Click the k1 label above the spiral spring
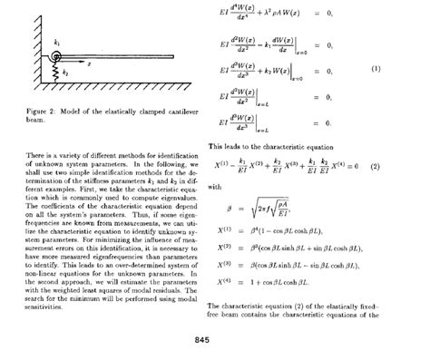click(x=56, y=43)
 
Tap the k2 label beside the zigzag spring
click(x=64, y=69)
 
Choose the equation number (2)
click(x=374, y=168)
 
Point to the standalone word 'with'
click(x=214, y=187)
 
